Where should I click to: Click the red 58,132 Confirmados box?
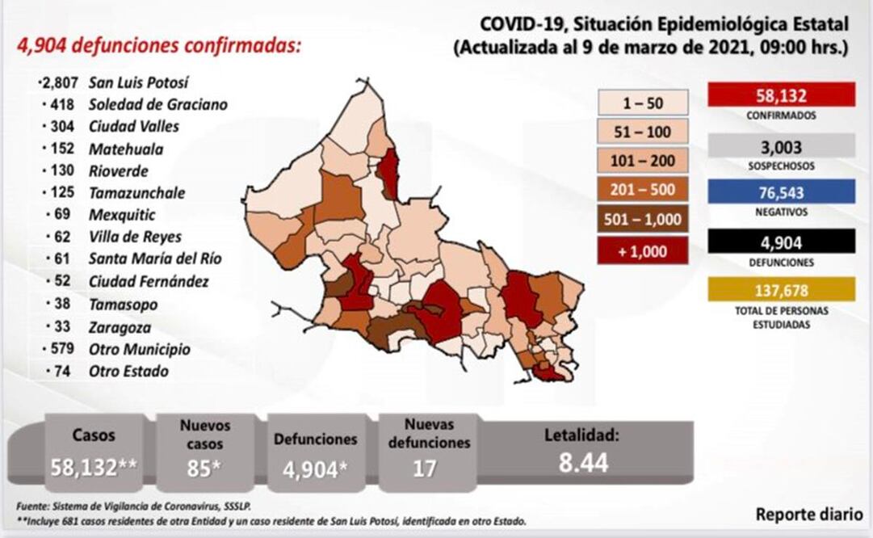(x=781, y=95)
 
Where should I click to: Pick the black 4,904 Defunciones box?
(x=781, y=242)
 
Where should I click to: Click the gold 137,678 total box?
(x=781, y=289)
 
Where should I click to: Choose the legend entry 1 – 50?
(x=643, y=103)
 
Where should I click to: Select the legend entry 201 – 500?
(x=643, y=190)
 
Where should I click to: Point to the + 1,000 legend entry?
(x=643, y=250)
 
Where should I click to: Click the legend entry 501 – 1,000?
(x=643, y=220)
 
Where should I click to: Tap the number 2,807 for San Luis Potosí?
(x=57, y=82)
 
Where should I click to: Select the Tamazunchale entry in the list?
(x=138, y=193)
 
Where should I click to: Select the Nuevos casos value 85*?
(x=205, y=468)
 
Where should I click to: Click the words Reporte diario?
(x=809, y=515)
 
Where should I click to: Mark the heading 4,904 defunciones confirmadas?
(x=159, y=45)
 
